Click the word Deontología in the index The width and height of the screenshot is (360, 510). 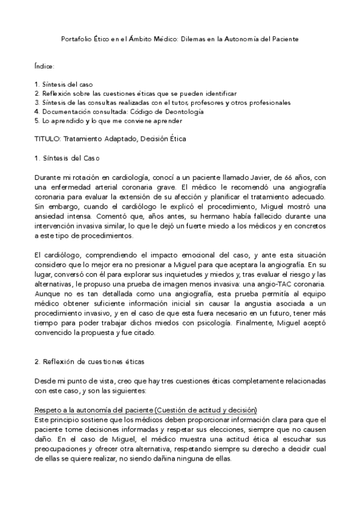183,111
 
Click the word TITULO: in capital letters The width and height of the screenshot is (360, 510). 49,139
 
